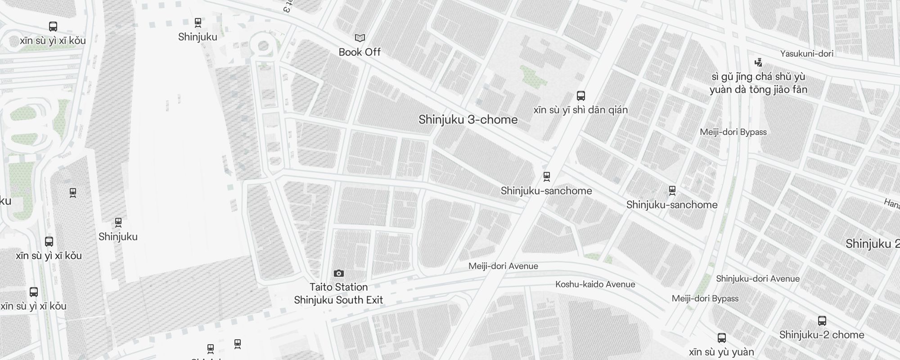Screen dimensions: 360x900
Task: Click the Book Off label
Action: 360,52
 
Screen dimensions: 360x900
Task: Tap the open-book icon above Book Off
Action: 360,38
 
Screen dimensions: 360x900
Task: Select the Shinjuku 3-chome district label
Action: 468,120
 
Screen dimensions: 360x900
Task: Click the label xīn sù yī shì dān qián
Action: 580,110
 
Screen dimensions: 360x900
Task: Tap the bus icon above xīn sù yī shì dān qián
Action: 581,95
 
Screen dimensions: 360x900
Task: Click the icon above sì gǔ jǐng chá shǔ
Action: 759,62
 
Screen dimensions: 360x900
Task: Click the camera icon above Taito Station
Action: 339,273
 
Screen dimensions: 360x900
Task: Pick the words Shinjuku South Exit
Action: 338,300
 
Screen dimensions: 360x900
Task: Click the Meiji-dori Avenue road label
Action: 503,266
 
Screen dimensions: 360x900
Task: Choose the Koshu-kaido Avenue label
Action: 595,284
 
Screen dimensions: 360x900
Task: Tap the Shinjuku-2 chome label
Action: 822,335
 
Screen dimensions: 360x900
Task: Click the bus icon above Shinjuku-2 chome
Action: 822,321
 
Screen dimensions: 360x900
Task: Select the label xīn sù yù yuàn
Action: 721,352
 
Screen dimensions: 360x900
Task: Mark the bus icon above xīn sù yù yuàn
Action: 722,337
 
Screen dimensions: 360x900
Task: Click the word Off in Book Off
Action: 373,52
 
